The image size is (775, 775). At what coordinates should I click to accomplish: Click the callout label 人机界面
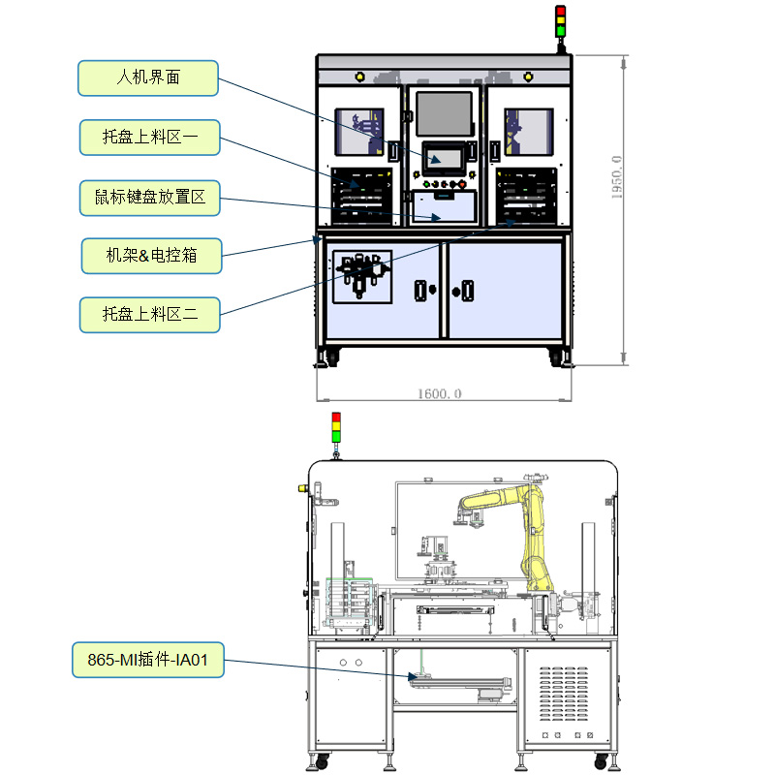148,78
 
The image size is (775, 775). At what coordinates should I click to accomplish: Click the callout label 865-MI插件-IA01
148,662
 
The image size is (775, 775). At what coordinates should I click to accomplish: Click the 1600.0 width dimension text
440,393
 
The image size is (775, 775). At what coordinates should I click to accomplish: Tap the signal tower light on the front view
559,22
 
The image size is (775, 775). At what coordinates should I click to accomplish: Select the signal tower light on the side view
336,427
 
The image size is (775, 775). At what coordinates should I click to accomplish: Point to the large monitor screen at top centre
444,113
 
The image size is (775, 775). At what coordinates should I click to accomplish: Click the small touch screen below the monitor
445,156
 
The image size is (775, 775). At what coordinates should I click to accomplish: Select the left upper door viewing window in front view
359,131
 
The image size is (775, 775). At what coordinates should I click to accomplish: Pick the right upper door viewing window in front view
528,131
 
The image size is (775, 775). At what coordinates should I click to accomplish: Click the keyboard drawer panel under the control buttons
445,206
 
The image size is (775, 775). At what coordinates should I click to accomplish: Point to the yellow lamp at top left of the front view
360,77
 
